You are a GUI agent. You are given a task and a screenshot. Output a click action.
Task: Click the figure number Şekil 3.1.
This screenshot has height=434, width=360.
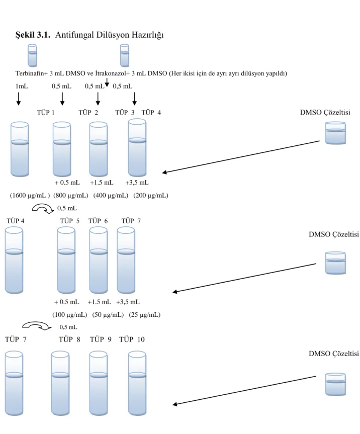click(x=33, y=35)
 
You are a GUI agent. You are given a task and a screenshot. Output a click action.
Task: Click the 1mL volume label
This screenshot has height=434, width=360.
click(x=22, y=86)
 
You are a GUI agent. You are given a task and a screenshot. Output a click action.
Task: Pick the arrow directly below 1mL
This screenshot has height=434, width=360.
click(x=19, y=99)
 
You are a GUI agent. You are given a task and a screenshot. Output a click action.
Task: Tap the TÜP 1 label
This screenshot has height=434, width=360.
click(x=46, y=112)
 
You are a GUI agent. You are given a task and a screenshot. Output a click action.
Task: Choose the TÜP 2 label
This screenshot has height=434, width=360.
click(x=88, y=112)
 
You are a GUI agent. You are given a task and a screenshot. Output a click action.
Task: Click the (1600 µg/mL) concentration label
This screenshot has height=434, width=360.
click(x=30, y=196)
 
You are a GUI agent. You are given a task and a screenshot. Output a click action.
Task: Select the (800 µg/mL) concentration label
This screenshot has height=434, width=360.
click(x=71, y=196)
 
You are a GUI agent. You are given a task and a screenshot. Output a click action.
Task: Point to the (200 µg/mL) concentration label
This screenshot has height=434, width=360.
click(x=151, y=196)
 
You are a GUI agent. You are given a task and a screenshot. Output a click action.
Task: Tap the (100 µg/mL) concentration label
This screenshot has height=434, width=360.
click(x=70, y=315)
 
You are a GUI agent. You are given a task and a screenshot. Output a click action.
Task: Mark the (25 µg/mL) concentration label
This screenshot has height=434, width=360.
click(x=145, y=315)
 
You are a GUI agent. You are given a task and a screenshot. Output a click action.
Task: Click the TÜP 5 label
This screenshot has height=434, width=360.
click(x=70, y=221)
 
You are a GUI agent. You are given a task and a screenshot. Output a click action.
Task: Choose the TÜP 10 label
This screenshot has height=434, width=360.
click(x=132, y=339)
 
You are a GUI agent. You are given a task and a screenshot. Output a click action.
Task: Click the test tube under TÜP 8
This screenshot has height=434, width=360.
click(x=60, y=383)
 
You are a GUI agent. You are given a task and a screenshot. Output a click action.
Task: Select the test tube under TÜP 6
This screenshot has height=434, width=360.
click(x=99, y=260)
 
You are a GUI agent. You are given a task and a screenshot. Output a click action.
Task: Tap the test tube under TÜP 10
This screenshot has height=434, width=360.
click(x=137, y=383)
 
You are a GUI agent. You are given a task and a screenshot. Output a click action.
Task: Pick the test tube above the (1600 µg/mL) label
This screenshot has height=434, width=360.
click(x=20, y=149)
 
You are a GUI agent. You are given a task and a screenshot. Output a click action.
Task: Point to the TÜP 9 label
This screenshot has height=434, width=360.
click(x=101, y=339)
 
